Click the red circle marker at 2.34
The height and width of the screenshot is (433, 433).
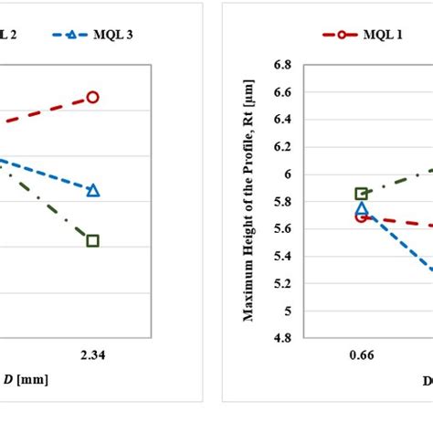pyautogui.click(x=92, y=97)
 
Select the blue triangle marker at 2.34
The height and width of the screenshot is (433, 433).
pyautogui.click(x=92, y=190)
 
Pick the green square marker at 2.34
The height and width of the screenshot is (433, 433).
pyautogui.click(x=92, y=240)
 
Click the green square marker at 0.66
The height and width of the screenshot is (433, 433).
pyautogui.click(x=362, y=194)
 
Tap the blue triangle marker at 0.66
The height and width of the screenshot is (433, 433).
pyautogui.click(x=362, y=209)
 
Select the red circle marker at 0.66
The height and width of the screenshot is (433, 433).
pyautogui.click(x=362, y=216)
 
